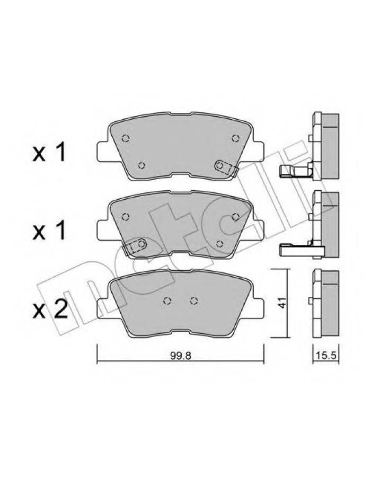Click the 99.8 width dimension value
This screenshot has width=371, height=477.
(180, 356)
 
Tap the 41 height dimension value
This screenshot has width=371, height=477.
(282, 303)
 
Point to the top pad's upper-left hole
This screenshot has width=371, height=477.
(125, 138)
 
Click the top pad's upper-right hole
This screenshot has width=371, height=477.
(235, 138)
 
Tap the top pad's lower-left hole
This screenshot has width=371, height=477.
(141, 166)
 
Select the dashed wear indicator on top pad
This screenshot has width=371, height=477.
(226, 168)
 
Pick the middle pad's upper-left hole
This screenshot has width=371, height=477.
(125, 217)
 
